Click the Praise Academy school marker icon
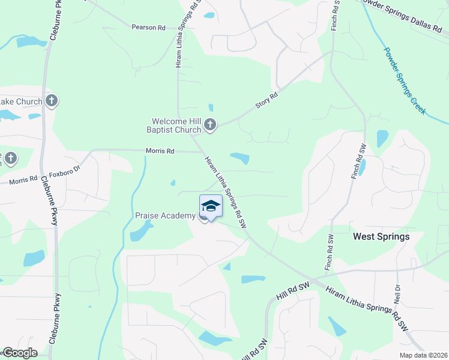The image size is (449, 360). (211, 206)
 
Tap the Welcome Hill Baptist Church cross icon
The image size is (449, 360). (209, 125)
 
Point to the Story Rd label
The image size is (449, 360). (267, 100)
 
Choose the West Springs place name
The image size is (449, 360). (381, 236)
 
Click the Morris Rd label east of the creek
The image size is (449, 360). (160, 151)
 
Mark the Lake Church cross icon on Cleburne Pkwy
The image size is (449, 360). (52, 100)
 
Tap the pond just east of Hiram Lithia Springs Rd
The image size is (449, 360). (240, 158)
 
